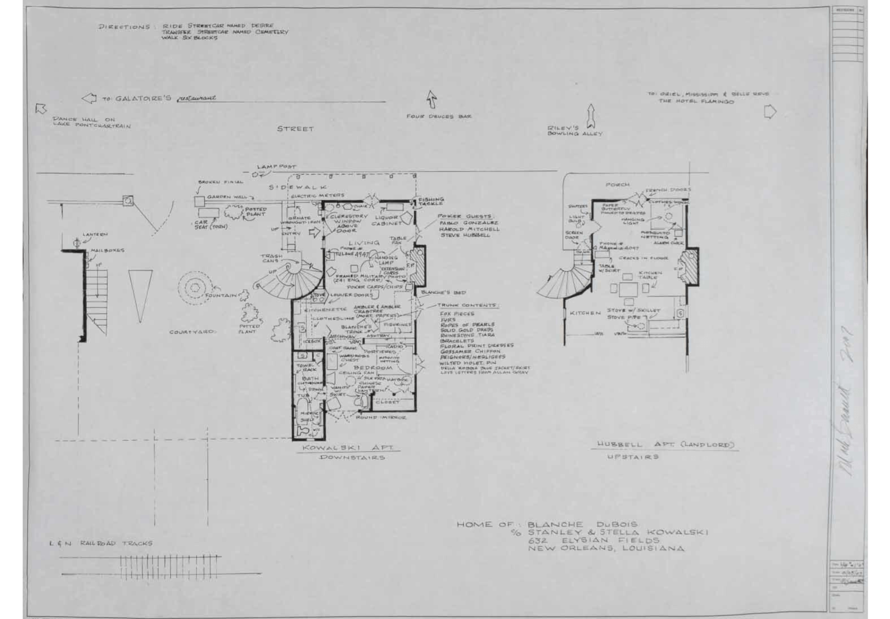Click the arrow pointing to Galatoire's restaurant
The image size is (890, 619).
pyautogui.click(x=89, y=99)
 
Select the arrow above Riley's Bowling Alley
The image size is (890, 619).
pyautogui.click(x=590, y=115)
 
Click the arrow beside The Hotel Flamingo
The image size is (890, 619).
pyautogui.click(x=770, y=112)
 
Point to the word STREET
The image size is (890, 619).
pyautogui.click(x=295, y=129)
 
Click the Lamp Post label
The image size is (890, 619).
pyautogui.click(x=276, y=167)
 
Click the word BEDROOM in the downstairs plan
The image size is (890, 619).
pyautogui.click(x=373, y=368)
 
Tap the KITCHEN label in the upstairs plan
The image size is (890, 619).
pyautogui.click(x=585, y=313)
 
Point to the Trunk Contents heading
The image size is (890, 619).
pyautogui.click(x=467, y=305)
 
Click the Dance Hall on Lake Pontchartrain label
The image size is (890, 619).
pyautogui.click(x=91, y=123)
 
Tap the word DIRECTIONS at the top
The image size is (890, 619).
pyautogui.click(x=124, y=27)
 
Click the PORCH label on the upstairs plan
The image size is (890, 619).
pyautogui.click(x=617, y=185)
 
